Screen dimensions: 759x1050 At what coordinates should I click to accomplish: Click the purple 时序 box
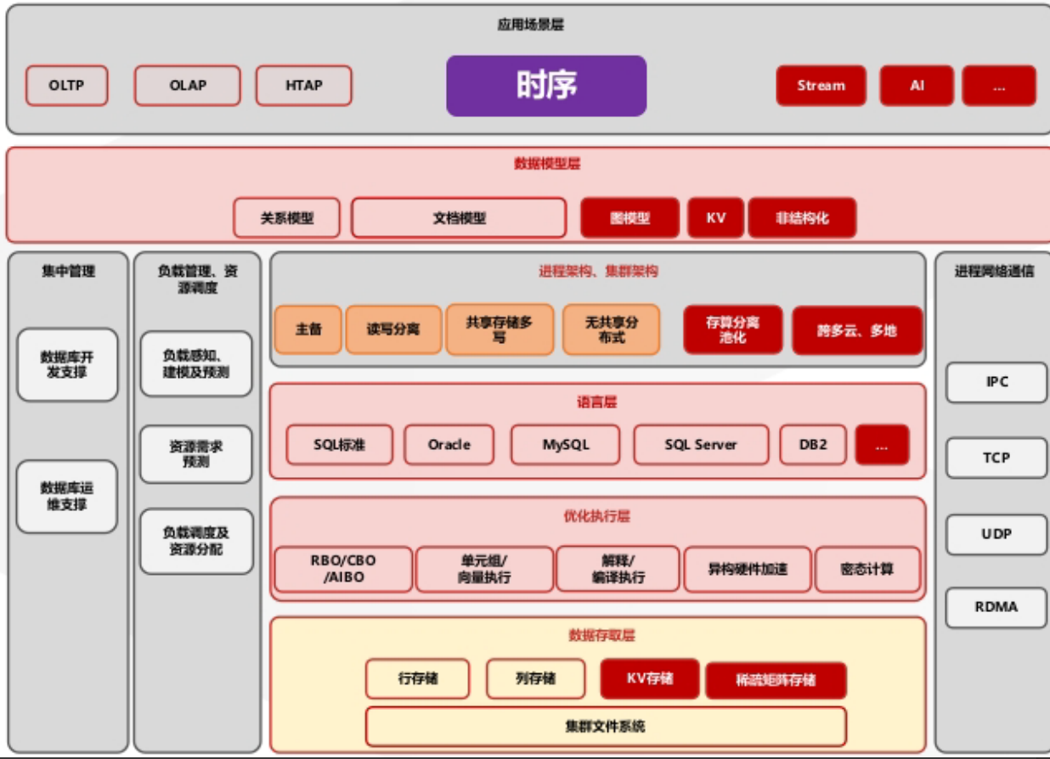coord(546,86)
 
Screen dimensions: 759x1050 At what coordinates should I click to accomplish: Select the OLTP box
coord(67,86)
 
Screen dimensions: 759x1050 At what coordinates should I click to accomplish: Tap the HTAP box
coord(303,86)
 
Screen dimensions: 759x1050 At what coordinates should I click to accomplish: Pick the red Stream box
coord(821,86)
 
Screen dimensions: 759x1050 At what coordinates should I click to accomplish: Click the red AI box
coord(917,86)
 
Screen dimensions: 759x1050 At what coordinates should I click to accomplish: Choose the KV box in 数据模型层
coord(715,218)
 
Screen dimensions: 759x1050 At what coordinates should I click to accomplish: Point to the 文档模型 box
coord(459,218)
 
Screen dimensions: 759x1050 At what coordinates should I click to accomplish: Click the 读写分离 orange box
coord(393,329)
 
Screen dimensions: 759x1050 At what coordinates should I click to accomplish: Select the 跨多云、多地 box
coord(857,330)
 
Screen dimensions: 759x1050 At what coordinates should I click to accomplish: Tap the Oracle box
coord(449,444)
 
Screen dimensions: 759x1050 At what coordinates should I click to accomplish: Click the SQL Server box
coord(701,444)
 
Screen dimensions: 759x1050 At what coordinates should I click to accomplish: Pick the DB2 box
coord(813,444)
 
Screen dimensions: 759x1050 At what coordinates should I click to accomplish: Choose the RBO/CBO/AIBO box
coord(343,569)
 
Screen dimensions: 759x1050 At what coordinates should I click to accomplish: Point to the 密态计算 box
coord(867,569)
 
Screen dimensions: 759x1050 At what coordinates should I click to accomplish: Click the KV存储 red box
coord(650,678)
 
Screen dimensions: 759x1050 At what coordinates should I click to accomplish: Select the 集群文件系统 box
coord(605,727)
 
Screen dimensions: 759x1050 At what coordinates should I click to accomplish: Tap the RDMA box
coord(996,607)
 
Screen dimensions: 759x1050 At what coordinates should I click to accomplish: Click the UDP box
coord(996,535)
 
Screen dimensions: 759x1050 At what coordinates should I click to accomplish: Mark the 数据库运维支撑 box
coord(67,497)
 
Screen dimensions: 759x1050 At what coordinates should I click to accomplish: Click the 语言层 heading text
coord(596,402)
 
